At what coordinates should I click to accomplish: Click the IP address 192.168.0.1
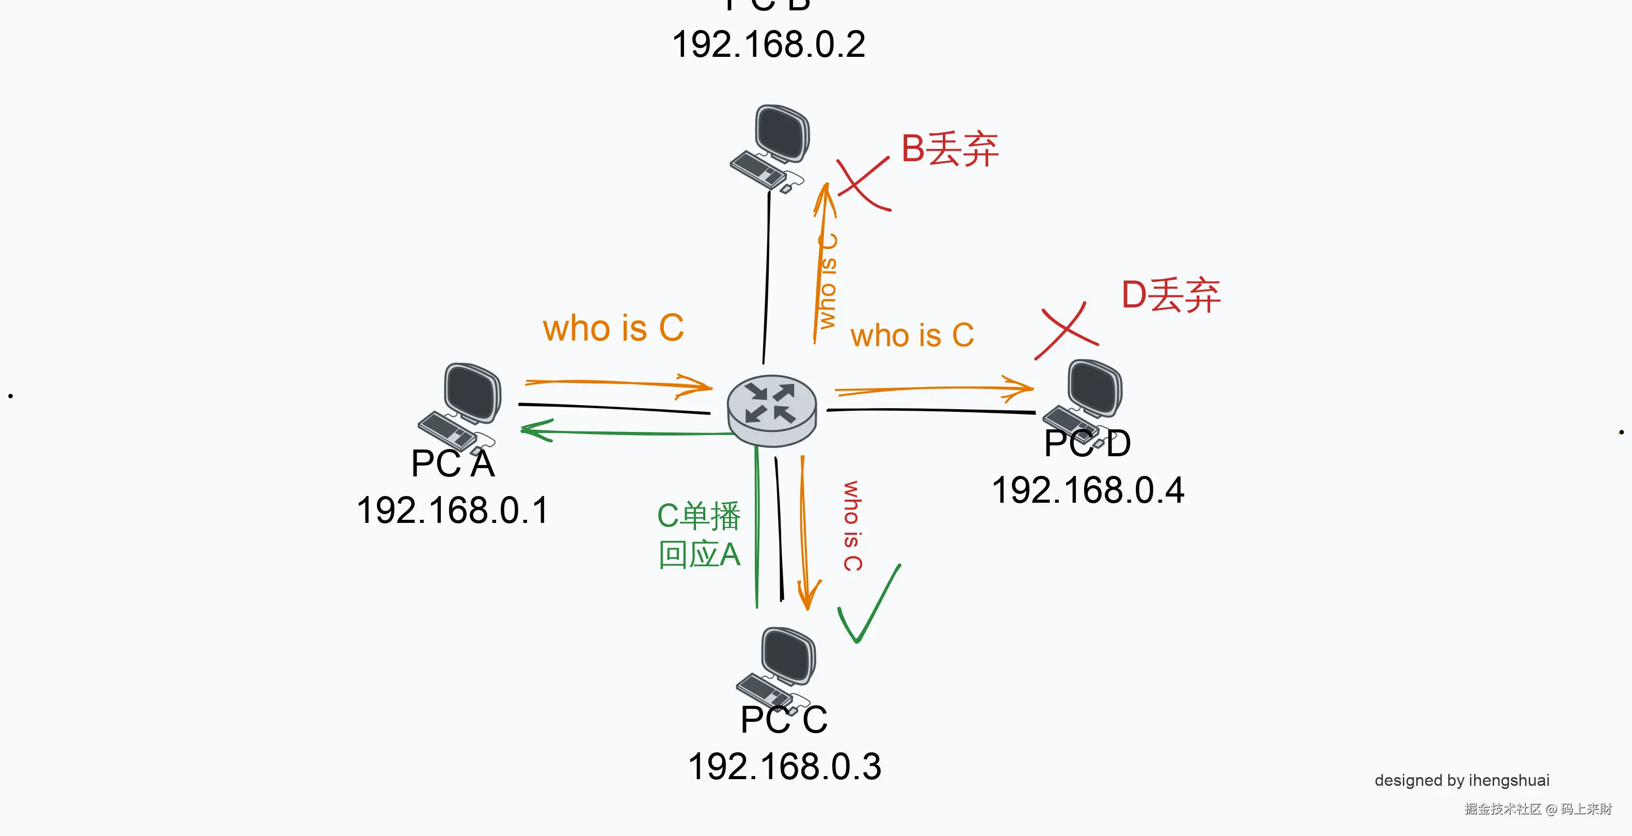coord(452,510)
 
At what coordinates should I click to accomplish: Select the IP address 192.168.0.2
coord(768,45)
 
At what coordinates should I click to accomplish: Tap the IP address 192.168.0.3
coord(784,767)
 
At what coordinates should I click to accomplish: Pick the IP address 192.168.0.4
coord(1088,490)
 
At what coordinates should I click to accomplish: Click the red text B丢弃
coord(949,149)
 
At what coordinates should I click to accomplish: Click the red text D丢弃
coord(1170,296)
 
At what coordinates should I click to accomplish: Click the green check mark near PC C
coord(868,605)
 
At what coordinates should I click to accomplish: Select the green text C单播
coord(698,515)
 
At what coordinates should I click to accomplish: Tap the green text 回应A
coord(699,554)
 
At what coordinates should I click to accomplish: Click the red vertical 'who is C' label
coord(852,525)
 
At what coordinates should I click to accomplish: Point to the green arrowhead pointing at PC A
coord(536,430)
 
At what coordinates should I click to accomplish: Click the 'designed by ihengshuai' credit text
coord(1462,780)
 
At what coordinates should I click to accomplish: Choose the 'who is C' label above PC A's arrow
coord(613,328)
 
